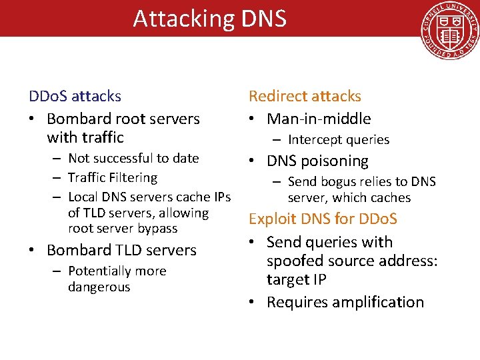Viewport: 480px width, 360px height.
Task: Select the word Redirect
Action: [x=278, y=96]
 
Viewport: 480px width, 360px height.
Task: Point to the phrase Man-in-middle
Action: [x=319, y=119]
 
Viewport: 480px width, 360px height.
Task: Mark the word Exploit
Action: [x=272, y=219]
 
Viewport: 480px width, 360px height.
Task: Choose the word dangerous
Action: [x=99, y=287]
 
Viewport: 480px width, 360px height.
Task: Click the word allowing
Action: [x=183, y=213]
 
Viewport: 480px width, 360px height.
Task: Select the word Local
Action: [x=83, y=197]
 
